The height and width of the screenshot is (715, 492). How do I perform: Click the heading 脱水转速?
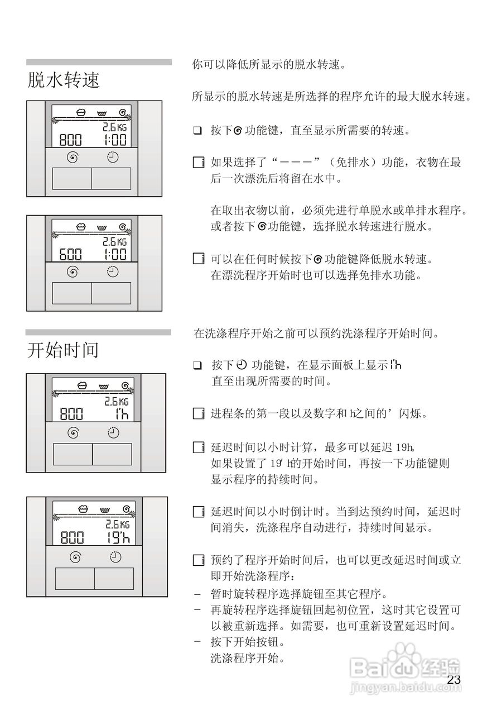click(x=64, y=79)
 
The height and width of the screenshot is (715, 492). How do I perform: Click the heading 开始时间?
click(x=63, y=350)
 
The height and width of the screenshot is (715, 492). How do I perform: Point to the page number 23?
click(x=454, y=680)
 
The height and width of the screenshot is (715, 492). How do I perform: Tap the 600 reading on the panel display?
click(x=71, y=255)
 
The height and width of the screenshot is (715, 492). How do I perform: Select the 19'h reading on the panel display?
click(x=117, y=537)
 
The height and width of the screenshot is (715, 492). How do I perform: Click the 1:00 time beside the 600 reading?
click(x=115, y=255)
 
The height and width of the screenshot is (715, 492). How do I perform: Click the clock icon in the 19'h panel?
click(x=115, y=556)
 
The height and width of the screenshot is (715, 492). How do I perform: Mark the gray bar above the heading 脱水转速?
click(x=99, y=62)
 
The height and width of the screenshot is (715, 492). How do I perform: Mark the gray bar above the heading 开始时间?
click(x=99, y=332)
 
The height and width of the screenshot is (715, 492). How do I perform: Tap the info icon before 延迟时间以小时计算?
click(x=197, y=447)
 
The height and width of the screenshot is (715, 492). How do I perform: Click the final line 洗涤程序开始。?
click(x=248, y=657)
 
